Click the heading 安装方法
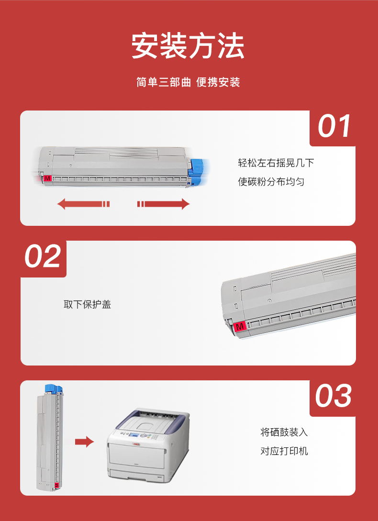point(188,46)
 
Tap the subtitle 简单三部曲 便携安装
point(188,82)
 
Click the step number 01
point(334,126)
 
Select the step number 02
point(43,256)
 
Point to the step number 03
point(333,396)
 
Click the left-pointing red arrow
point(83,204)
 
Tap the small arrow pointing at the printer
point(84,442)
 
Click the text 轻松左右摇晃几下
point(276,163)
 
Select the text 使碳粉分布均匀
point(271,182)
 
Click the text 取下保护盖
point(87,304)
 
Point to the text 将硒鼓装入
point(284,432)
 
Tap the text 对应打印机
point(284,451)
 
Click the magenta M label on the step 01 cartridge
point(47,178)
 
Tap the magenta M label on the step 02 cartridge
point(240,326)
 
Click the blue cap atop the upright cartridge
point(54,389)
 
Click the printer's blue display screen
point(134,436)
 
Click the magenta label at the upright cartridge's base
point(56,485)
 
